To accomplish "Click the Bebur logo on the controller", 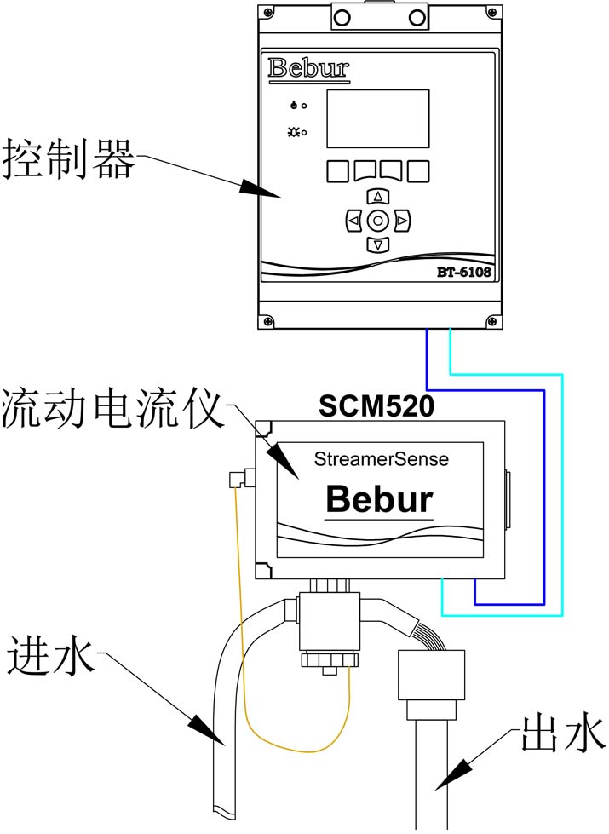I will coord(308,68).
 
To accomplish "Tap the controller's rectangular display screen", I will coord(378,118).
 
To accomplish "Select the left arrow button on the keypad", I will coord(353,221).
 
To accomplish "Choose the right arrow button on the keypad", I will coord(403,221).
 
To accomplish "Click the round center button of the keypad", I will coord(378,221).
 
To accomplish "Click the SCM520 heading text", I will coord(376,406).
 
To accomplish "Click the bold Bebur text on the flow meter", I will coord(380,498).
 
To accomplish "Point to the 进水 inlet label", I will coord(51,657).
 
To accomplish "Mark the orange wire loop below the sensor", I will coord(298,751).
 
